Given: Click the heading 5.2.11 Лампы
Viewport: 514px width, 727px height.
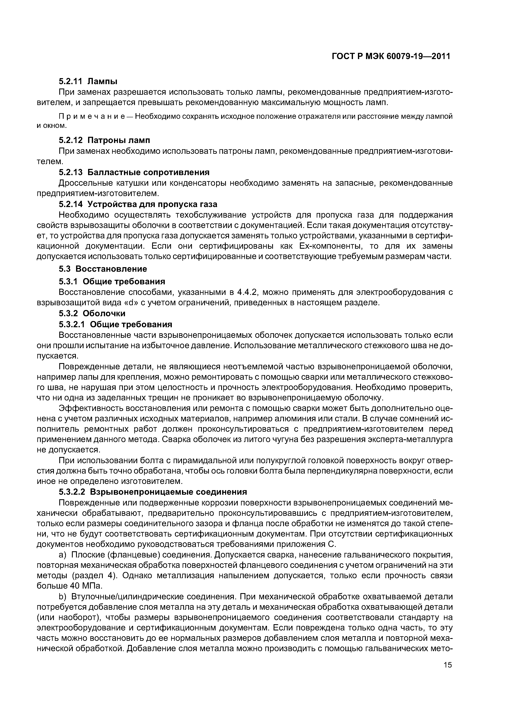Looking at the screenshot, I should [x=88, y=81].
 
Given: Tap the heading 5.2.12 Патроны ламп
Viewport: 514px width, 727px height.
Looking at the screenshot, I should [x=104, y=140].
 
